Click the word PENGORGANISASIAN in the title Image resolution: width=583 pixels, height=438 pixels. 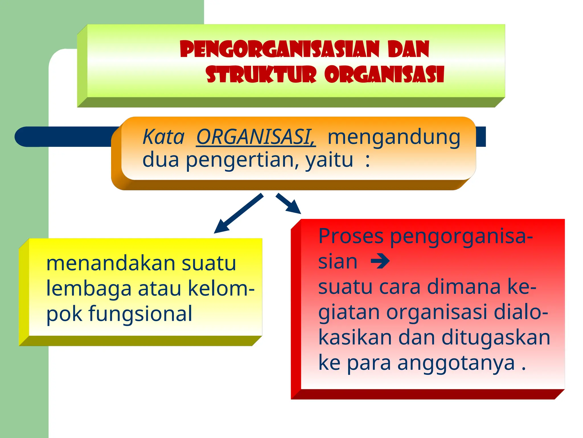(280, 49)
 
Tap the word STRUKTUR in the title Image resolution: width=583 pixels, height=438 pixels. (261, 74)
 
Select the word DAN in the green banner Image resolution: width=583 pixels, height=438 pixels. (408, 49)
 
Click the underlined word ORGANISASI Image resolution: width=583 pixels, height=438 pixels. (255, 137)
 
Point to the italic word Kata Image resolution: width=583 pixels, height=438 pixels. (163, 137)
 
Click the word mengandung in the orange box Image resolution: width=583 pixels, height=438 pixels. (394, 137)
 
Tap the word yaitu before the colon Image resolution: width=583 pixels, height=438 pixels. (329, 160)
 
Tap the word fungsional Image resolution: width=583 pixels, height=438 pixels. (140, 314)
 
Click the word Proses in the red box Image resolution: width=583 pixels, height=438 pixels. (351, 236)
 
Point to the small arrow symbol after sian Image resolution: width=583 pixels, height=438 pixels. (380, 261)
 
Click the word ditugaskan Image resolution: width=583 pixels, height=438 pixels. (496, 338)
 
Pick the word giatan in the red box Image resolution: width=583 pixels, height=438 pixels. (349, 312)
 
